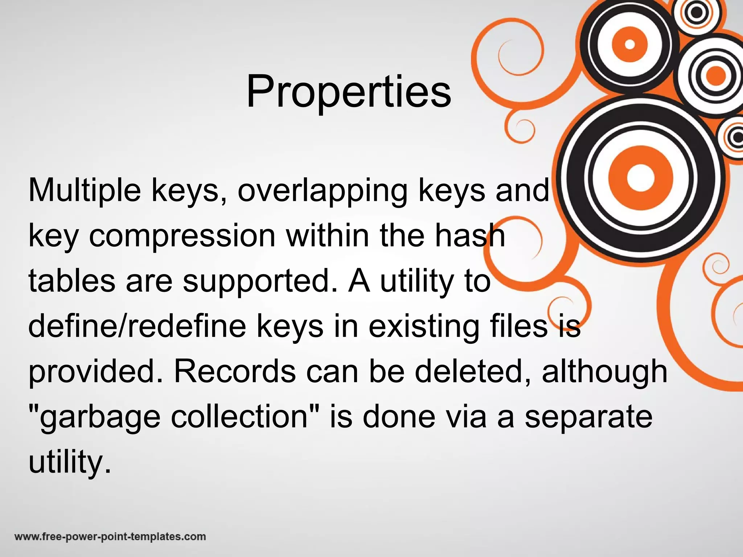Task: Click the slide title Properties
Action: (349, 91)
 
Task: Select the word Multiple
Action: (85, 190)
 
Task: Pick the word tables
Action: (72, 281)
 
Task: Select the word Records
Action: (235, 371)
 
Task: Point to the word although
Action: (604, 372)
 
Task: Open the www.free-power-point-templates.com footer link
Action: (110, 536)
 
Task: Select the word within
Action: (328, 236)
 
